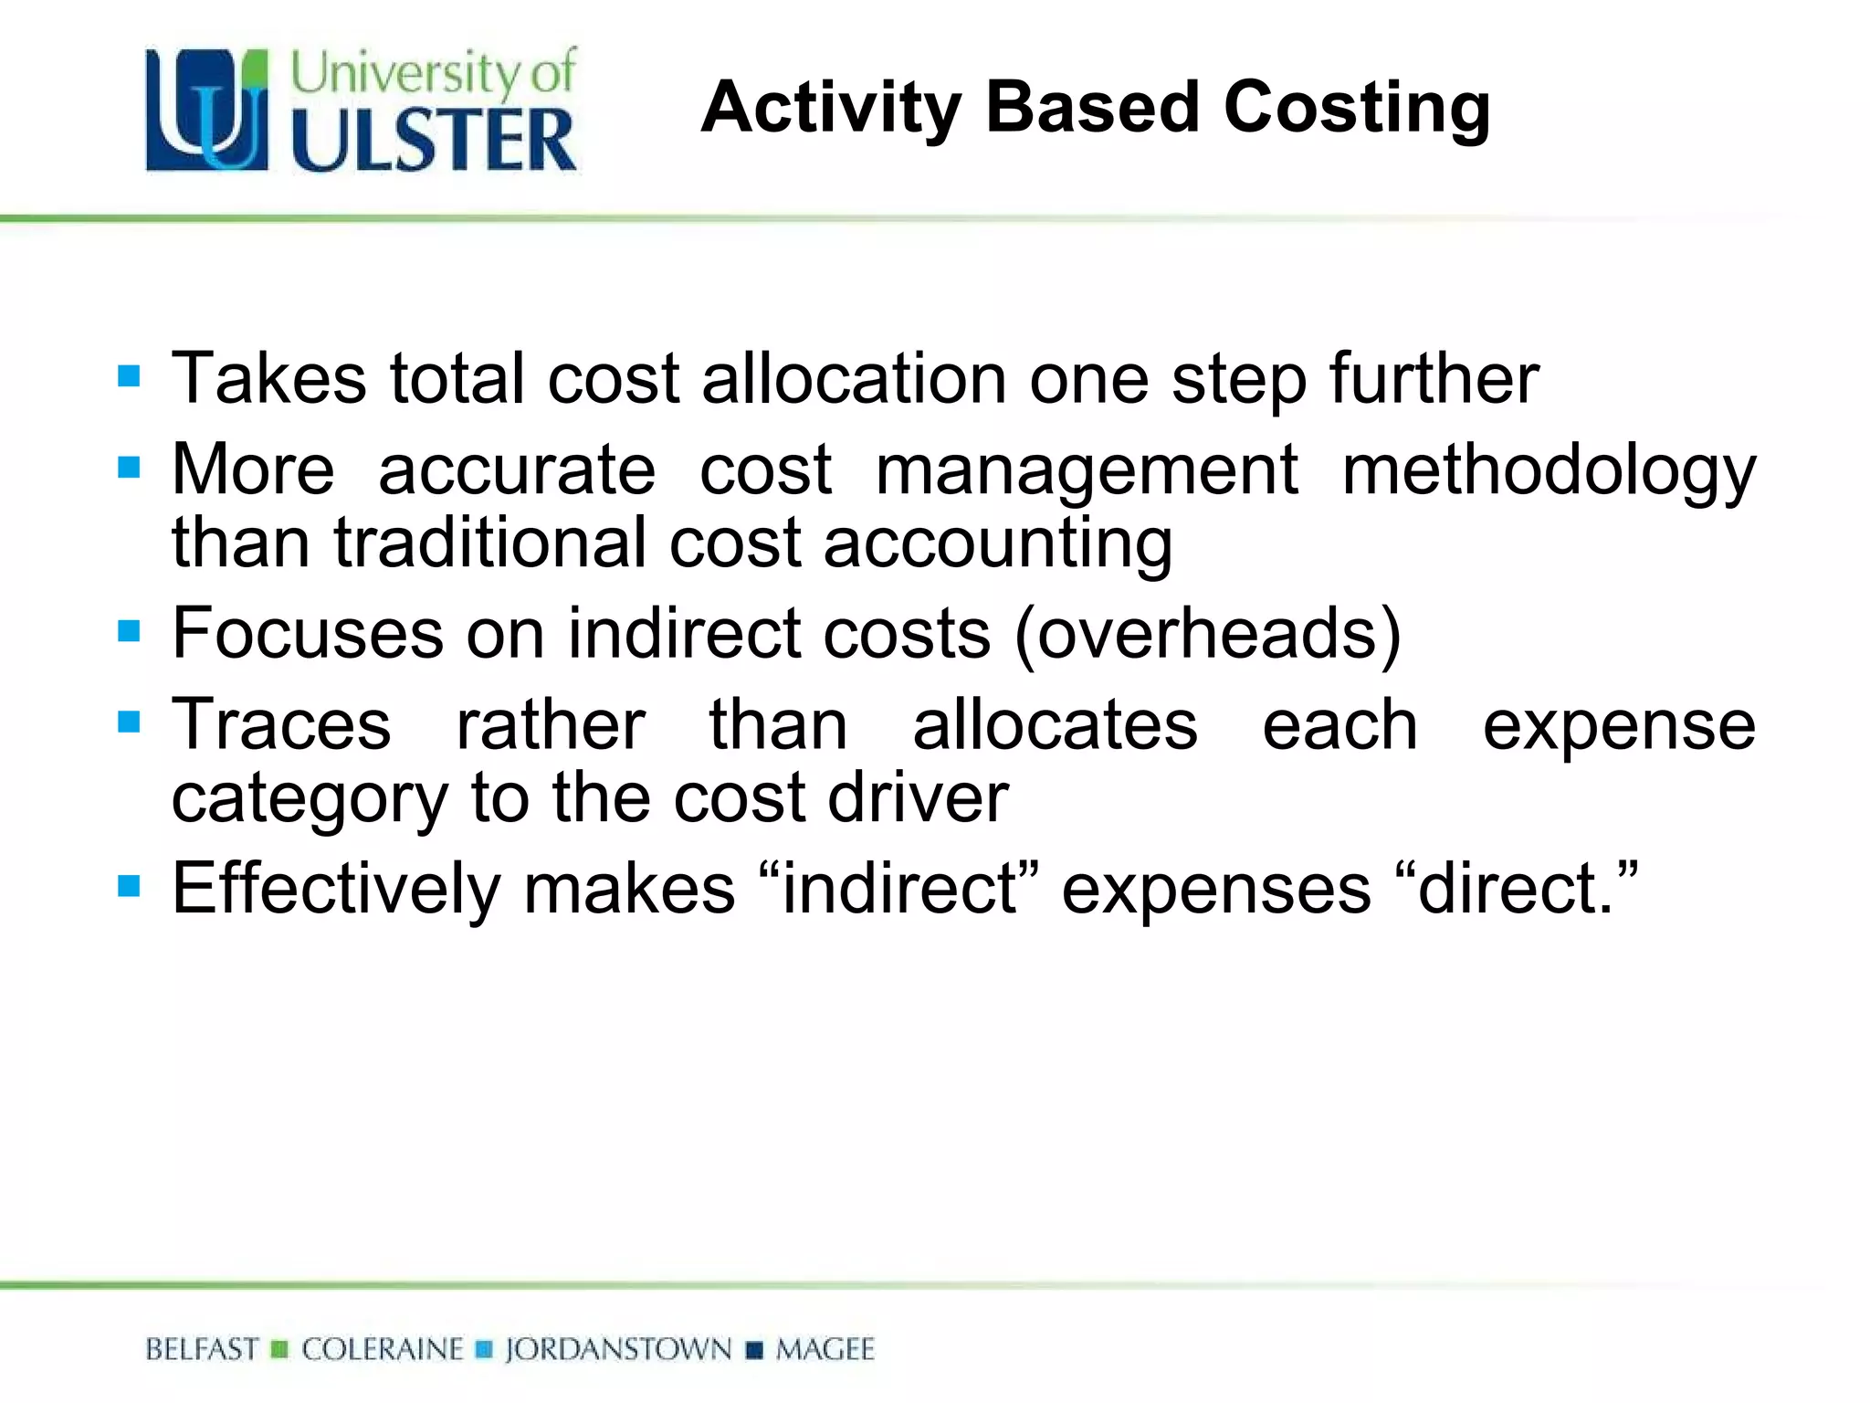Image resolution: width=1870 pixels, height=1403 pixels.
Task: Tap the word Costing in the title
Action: coord(1357,108)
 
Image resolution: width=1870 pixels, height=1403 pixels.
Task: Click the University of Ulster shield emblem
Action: coord(208,111)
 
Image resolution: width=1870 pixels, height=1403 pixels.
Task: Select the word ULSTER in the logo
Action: coord(435,141)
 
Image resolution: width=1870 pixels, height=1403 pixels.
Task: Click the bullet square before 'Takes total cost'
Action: coord(129,375)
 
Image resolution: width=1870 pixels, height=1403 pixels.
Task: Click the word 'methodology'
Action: coord(1549,470)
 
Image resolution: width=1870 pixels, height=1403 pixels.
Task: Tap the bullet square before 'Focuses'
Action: coord(129,630)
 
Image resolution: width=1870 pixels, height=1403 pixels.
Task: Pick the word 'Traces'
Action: coord(281,724)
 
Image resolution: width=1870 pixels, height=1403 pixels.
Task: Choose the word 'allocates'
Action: coord(1055,724)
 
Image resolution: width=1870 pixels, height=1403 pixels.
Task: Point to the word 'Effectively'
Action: coord(336,888)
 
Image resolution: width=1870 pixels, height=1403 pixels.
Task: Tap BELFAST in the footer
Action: coord(202,1349)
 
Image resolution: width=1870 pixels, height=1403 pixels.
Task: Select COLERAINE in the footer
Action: coord(383,1349)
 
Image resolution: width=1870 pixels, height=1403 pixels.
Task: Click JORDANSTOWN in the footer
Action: coord(618,1349)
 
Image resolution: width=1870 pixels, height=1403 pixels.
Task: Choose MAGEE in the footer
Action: coord(825,1349)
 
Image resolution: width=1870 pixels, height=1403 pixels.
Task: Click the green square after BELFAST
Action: coord(280,1349)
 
